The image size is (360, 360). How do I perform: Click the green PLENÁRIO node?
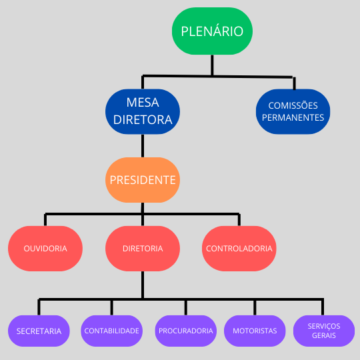[212, 31]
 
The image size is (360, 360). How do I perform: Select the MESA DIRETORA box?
[143, 111]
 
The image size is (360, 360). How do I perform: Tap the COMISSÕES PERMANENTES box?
[293, 111]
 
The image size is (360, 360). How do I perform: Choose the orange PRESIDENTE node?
[143, 180]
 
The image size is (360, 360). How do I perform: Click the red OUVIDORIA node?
[45, 249]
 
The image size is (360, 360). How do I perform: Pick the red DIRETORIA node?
[143, 249]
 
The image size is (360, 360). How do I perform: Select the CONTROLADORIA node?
[239, 249]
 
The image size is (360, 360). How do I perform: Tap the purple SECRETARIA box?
[39, 331]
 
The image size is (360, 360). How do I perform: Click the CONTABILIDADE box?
[111, 331]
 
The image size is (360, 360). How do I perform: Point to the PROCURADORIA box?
[186, 331]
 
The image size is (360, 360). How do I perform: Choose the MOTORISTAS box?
[255, 331]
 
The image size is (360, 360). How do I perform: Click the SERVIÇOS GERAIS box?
[324, 331]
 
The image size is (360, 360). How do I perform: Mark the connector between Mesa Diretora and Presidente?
[143, 146]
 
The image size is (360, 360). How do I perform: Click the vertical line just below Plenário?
[212, 65]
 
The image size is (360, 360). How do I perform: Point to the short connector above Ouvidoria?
[45, 220]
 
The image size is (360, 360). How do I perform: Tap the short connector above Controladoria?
[239, 220]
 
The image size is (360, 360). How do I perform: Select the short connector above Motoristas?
[255, 307]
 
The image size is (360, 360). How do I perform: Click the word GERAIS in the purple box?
[324, 335]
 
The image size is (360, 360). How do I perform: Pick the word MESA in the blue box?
[143, 103]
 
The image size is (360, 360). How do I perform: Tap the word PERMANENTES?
[293, 117]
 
